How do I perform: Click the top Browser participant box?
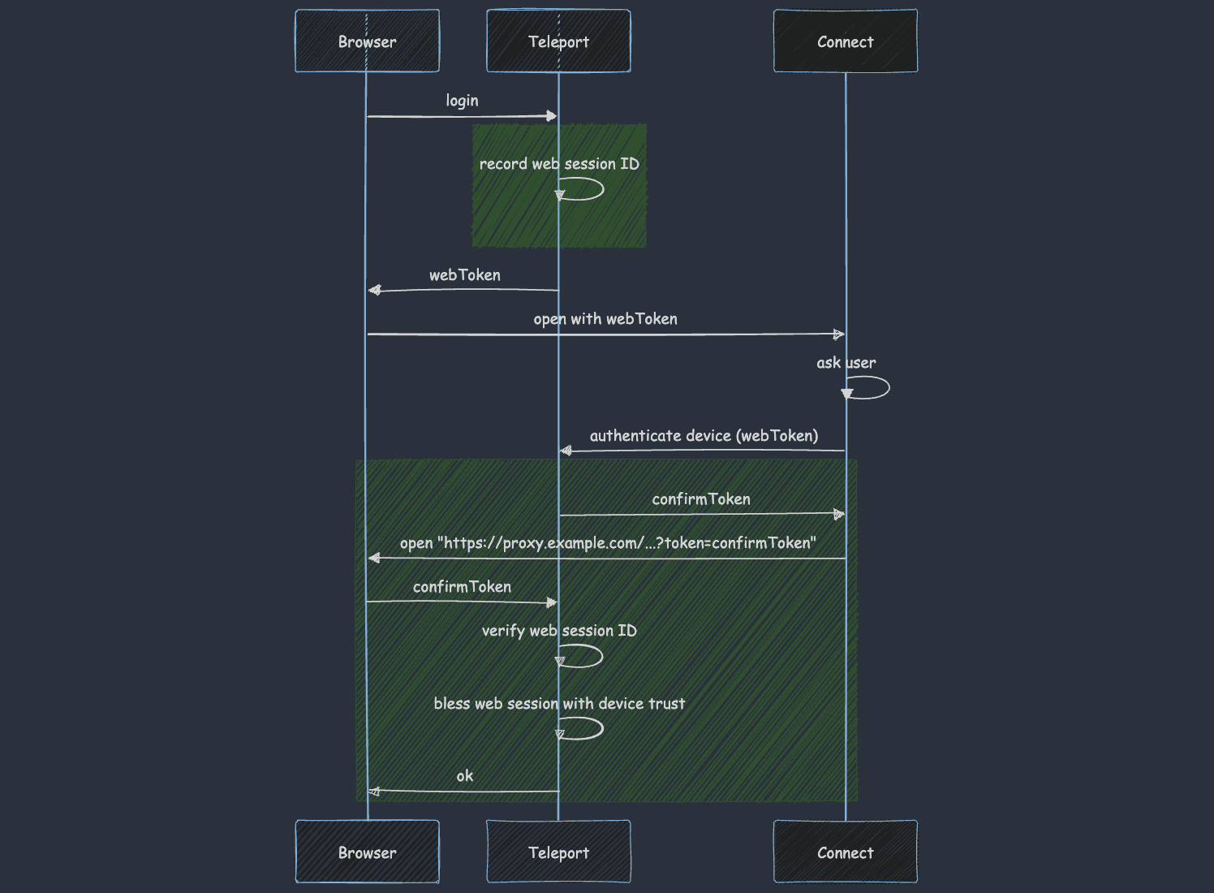point(367,41)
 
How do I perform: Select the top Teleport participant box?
point(558,41)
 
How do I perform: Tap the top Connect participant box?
point(845,41)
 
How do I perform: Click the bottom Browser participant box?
point(367,852)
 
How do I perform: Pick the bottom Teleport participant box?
point(558,852)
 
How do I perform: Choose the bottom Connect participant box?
point(845,852)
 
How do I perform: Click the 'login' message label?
point(462,101)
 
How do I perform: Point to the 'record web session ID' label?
point(559,164)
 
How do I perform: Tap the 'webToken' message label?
point(464,275)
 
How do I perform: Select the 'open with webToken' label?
point(605,319)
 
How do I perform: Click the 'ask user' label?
point(846,363)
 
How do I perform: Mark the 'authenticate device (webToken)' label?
point(704,436)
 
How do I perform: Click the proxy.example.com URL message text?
point(608,543)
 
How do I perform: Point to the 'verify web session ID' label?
point(559,631)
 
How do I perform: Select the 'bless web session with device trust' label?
point(559,704)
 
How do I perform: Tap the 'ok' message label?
point(464,776)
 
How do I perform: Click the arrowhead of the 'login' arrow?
point(552,116)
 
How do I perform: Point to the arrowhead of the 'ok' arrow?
point(374,792)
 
